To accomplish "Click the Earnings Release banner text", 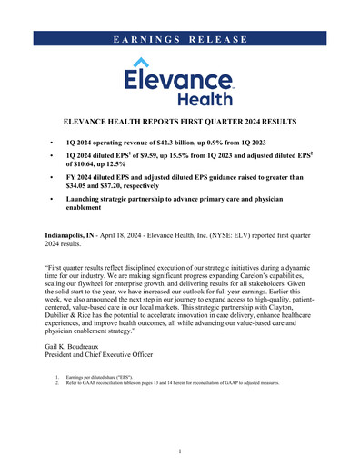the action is click(x=180, y=39).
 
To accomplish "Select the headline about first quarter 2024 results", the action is click(x=180, y=119).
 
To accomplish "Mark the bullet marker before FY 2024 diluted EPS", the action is click(x=53, y=177).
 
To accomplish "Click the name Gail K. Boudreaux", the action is click(x=80, y=349).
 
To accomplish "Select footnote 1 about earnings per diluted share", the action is click(x=114, y=375).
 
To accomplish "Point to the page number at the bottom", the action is click(x=180, y=450).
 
